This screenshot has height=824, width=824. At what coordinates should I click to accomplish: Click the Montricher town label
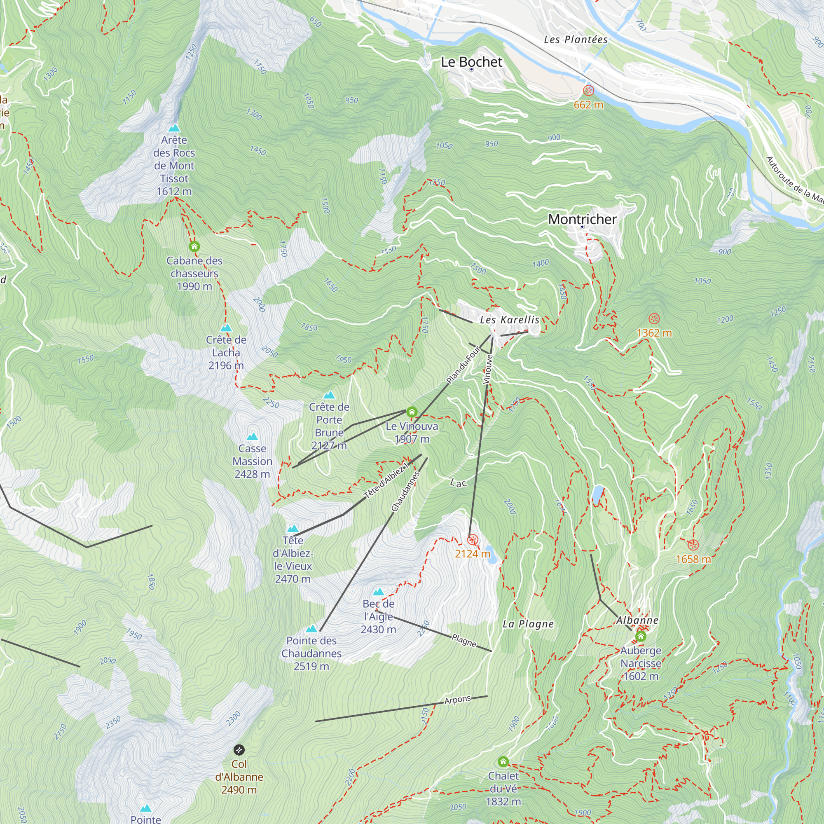(x=582, y=219)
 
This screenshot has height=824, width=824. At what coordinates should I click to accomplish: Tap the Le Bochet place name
(x=472, y=62)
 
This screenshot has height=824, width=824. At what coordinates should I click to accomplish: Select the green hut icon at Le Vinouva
(x=412, y=412)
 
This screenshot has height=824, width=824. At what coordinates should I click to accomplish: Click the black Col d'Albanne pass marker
(x=239, y=750)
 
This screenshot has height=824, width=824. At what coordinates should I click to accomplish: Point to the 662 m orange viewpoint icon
(x=589, y=90)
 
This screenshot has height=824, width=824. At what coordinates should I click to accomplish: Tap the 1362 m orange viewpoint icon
(x=654, y=318)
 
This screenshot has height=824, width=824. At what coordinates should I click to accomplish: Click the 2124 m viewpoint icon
(x=473, y=540)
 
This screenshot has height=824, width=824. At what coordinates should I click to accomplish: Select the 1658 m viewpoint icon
(x=693, y=545)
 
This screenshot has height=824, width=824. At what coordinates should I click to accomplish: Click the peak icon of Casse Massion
(x=253, y=436)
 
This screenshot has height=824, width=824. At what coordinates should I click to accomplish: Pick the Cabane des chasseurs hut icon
(x=194, y=246)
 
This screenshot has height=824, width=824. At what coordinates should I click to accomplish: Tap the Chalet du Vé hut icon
(x=503, y=762)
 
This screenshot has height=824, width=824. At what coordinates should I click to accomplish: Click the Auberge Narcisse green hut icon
(x=641, y=637)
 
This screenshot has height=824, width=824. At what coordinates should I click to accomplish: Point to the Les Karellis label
(x=510, y=320)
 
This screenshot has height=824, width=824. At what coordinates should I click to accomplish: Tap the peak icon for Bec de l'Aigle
(x=379, y=592)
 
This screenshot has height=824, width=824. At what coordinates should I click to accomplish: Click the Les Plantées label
(x=576, y=40)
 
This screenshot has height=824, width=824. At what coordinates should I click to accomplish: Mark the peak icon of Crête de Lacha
(x=226, y=328)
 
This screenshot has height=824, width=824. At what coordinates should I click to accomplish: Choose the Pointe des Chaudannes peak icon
(x=312, y=629)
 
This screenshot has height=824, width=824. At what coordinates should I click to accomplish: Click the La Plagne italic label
(x=528, y=624)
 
